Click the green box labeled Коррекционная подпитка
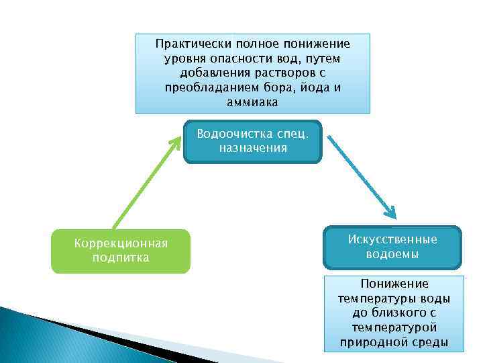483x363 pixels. click(121, 251)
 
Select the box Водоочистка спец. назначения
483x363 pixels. click(253, 141)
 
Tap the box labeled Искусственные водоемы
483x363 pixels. click(392, 247)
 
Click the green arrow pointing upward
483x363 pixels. click(146, 182)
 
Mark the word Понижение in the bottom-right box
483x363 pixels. click(394, 284)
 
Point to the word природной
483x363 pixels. click(370, 341)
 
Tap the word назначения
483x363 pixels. click(253, 148)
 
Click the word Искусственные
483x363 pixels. click(392, 239)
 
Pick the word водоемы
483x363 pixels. click(392, 254)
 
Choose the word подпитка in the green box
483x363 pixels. click(121, 257)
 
